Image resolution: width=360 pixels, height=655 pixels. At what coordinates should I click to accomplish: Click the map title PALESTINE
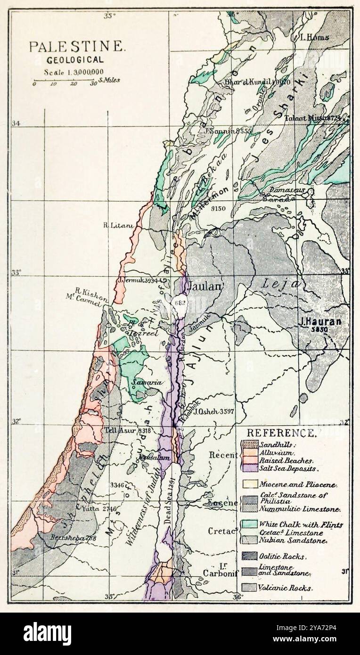(x=77, y=47)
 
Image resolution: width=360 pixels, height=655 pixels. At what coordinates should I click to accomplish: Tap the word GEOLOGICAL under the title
(x=75, y=60)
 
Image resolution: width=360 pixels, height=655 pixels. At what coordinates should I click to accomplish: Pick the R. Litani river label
(x=118, y=225)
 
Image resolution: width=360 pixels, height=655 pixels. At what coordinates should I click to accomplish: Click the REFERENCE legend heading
(x=281, y=433)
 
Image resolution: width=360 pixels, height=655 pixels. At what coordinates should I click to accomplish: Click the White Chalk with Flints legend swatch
(x=249, y=524)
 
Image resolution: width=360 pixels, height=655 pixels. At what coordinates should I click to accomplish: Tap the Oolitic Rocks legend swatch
(x=249, y=557)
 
